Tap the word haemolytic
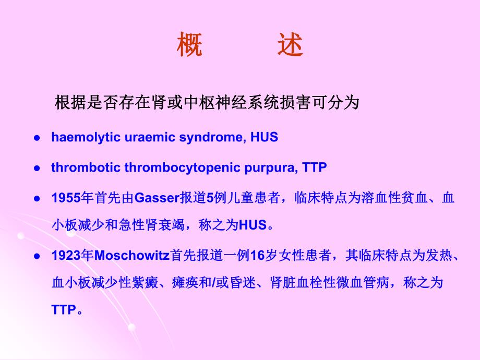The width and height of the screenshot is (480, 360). pyautogui.click(x=78, y=138)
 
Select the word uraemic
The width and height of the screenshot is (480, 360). pyautogui.click(x=131, y=138)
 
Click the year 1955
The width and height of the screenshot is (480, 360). pyautogui.click(x=66, y=198)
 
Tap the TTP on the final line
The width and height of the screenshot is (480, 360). pyautogui.click(x=64, y=310)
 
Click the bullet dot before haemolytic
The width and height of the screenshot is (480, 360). pyautogui.click(x=37, y=138)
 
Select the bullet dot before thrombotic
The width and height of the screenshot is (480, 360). pyautogui.click(x=37, y=169)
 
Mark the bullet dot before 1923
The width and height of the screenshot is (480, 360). pyautogui.click(x=37, y=257)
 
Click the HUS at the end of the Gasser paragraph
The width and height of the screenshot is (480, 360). pyautogui.click(x=253, y=226)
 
